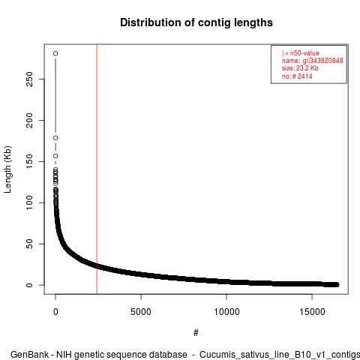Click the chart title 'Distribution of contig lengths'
click(196, 22)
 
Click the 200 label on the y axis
click(29, 120)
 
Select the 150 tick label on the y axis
click(29, 161)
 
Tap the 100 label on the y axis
click(29, 202)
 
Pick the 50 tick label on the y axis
click(29, 244)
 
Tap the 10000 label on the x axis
click(226, 312)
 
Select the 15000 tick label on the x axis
click(312, 312)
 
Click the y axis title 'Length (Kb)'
click(7, 169)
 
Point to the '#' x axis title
click(196, 332)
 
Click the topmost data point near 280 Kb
click(55, 53)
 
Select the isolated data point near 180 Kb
click(55, 138)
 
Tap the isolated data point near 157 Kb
click(55, 156)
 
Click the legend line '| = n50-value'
click(301, 53)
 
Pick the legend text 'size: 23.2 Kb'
click(300, 68)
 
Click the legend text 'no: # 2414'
click(297, 76)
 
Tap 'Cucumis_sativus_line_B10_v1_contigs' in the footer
click(280, 355)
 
